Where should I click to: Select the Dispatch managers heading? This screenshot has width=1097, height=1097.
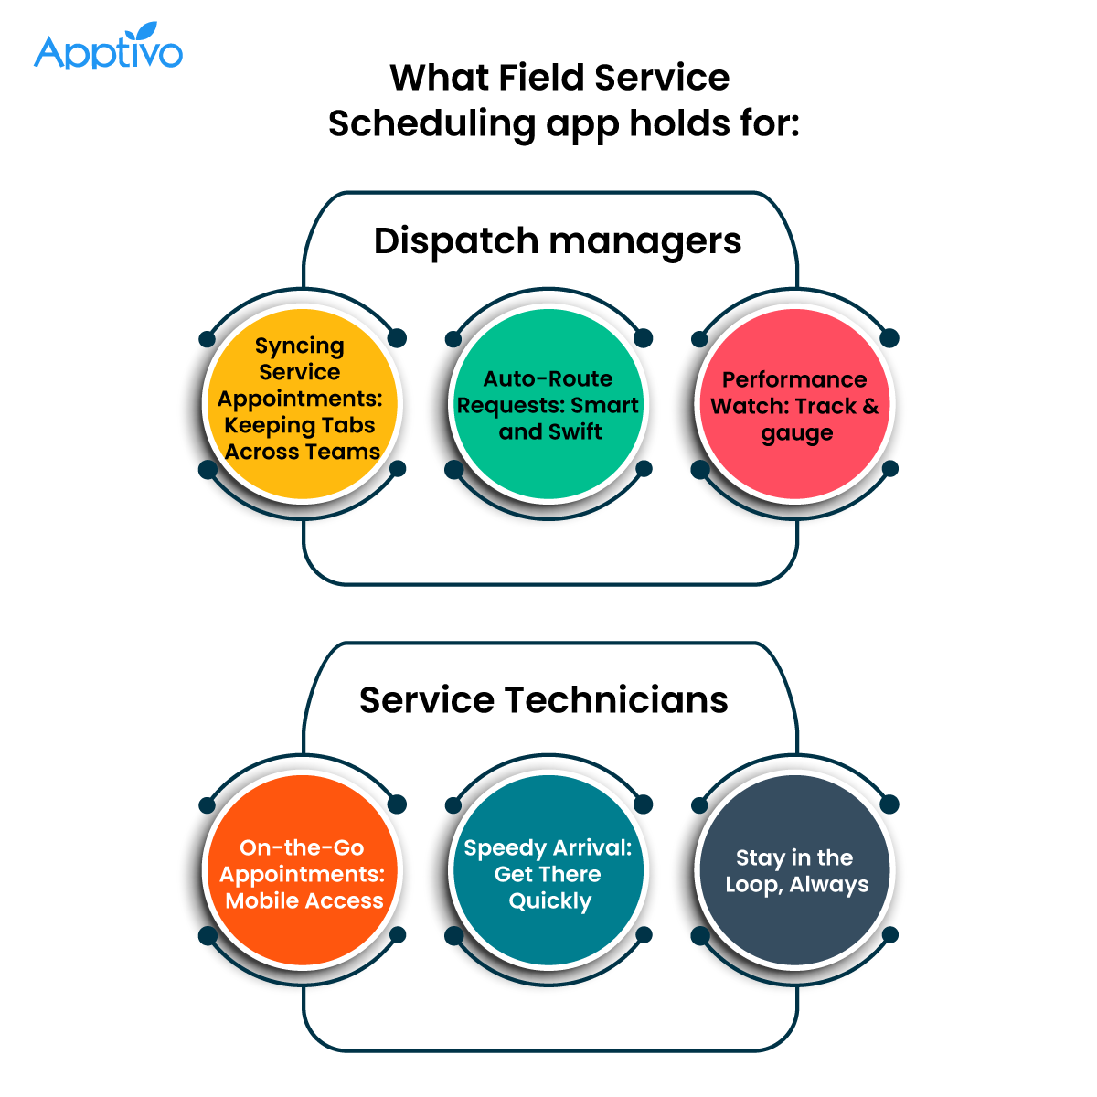coord(558,241)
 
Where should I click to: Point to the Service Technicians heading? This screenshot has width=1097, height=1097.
coord(544,700)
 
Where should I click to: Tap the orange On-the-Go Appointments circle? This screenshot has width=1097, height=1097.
coord(302,870)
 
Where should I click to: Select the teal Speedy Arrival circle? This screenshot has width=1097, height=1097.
coord(548,870)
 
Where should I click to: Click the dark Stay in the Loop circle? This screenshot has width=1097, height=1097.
coord(794,870)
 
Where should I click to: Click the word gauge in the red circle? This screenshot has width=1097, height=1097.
coord(796,433)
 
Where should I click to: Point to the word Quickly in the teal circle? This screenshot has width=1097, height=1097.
coord(549,901)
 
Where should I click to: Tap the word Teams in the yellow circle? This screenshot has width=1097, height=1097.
coord(343,452)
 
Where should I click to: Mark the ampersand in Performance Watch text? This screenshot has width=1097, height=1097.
coord(870,406)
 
